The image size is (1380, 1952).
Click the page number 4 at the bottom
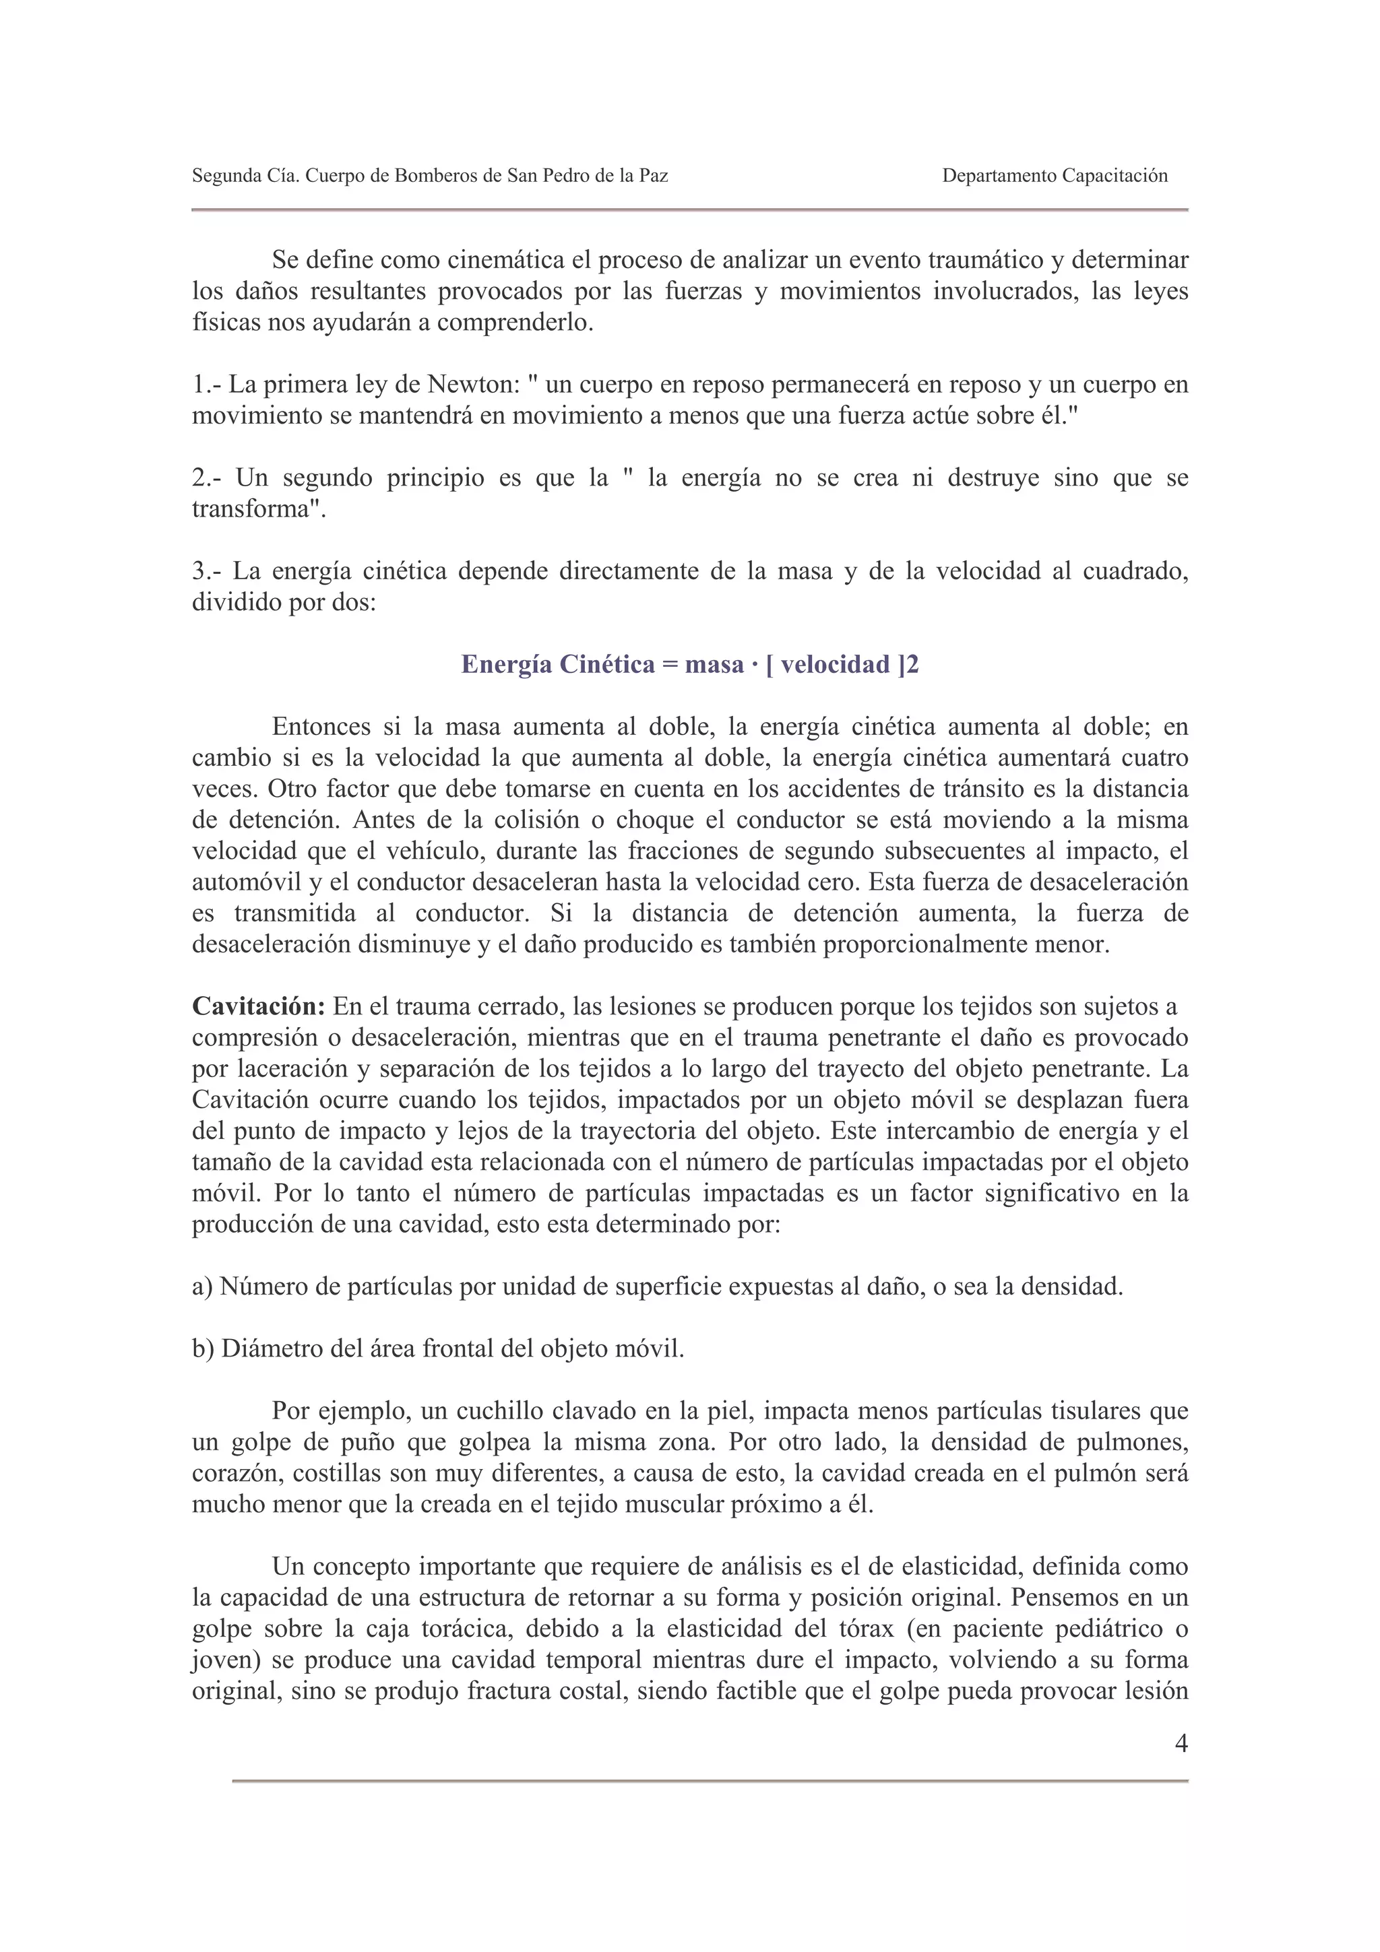pos(1180,1744)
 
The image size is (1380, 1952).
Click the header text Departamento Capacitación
pos(1055,176)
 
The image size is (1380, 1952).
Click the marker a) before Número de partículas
pos(202,1287)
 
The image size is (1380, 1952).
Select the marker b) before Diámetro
pos(203,1348)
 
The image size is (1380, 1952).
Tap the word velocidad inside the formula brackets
pos(836,664)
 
